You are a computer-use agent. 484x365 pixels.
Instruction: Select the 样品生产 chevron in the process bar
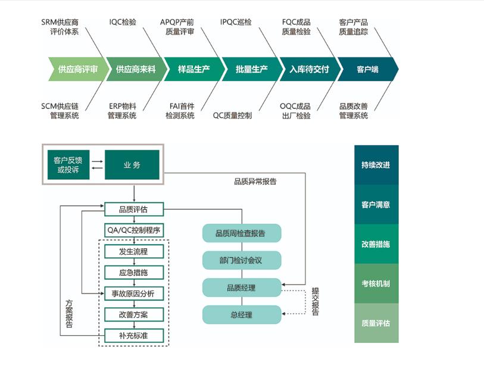[193, 69]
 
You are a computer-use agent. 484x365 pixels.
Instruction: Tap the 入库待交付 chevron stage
[310, 69]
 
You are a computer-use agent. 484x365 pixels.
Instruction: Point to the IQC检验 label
[123, 23]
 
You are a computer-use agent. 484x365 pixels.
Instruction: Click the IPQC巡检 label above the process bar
[236, 23]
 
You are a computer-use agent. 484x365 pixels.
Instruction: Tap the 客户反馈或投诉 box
[67, 165]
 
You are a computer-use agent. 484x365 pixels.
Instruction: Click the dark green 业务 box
[132, 165]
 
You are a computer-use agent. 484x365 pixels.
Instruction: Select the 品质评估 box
[133, 209]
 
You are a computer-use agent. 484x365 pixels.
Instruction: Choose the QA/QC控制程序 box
[133, 230]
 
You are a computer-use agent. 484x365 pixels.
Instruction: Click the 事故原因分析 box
[133, 293]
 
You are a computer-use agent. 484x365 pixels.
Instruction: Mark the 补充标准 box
[133, 335]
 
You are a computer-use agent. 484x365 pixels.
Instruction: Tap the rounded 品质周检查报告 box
[241, 233]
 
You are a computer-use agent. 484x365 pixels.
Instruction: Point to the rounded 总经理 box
[241, 314]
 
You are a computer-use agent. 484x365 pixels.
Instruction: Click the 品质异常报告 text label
[255, 182]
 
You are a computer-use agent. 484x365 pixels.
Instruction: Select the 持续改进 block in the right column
[376, 165]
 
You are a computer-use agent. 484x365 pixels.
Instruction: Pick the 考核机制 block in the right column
[376, 283]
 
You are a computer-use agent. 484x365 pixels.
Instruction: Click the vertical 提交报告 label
[315, 301]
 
